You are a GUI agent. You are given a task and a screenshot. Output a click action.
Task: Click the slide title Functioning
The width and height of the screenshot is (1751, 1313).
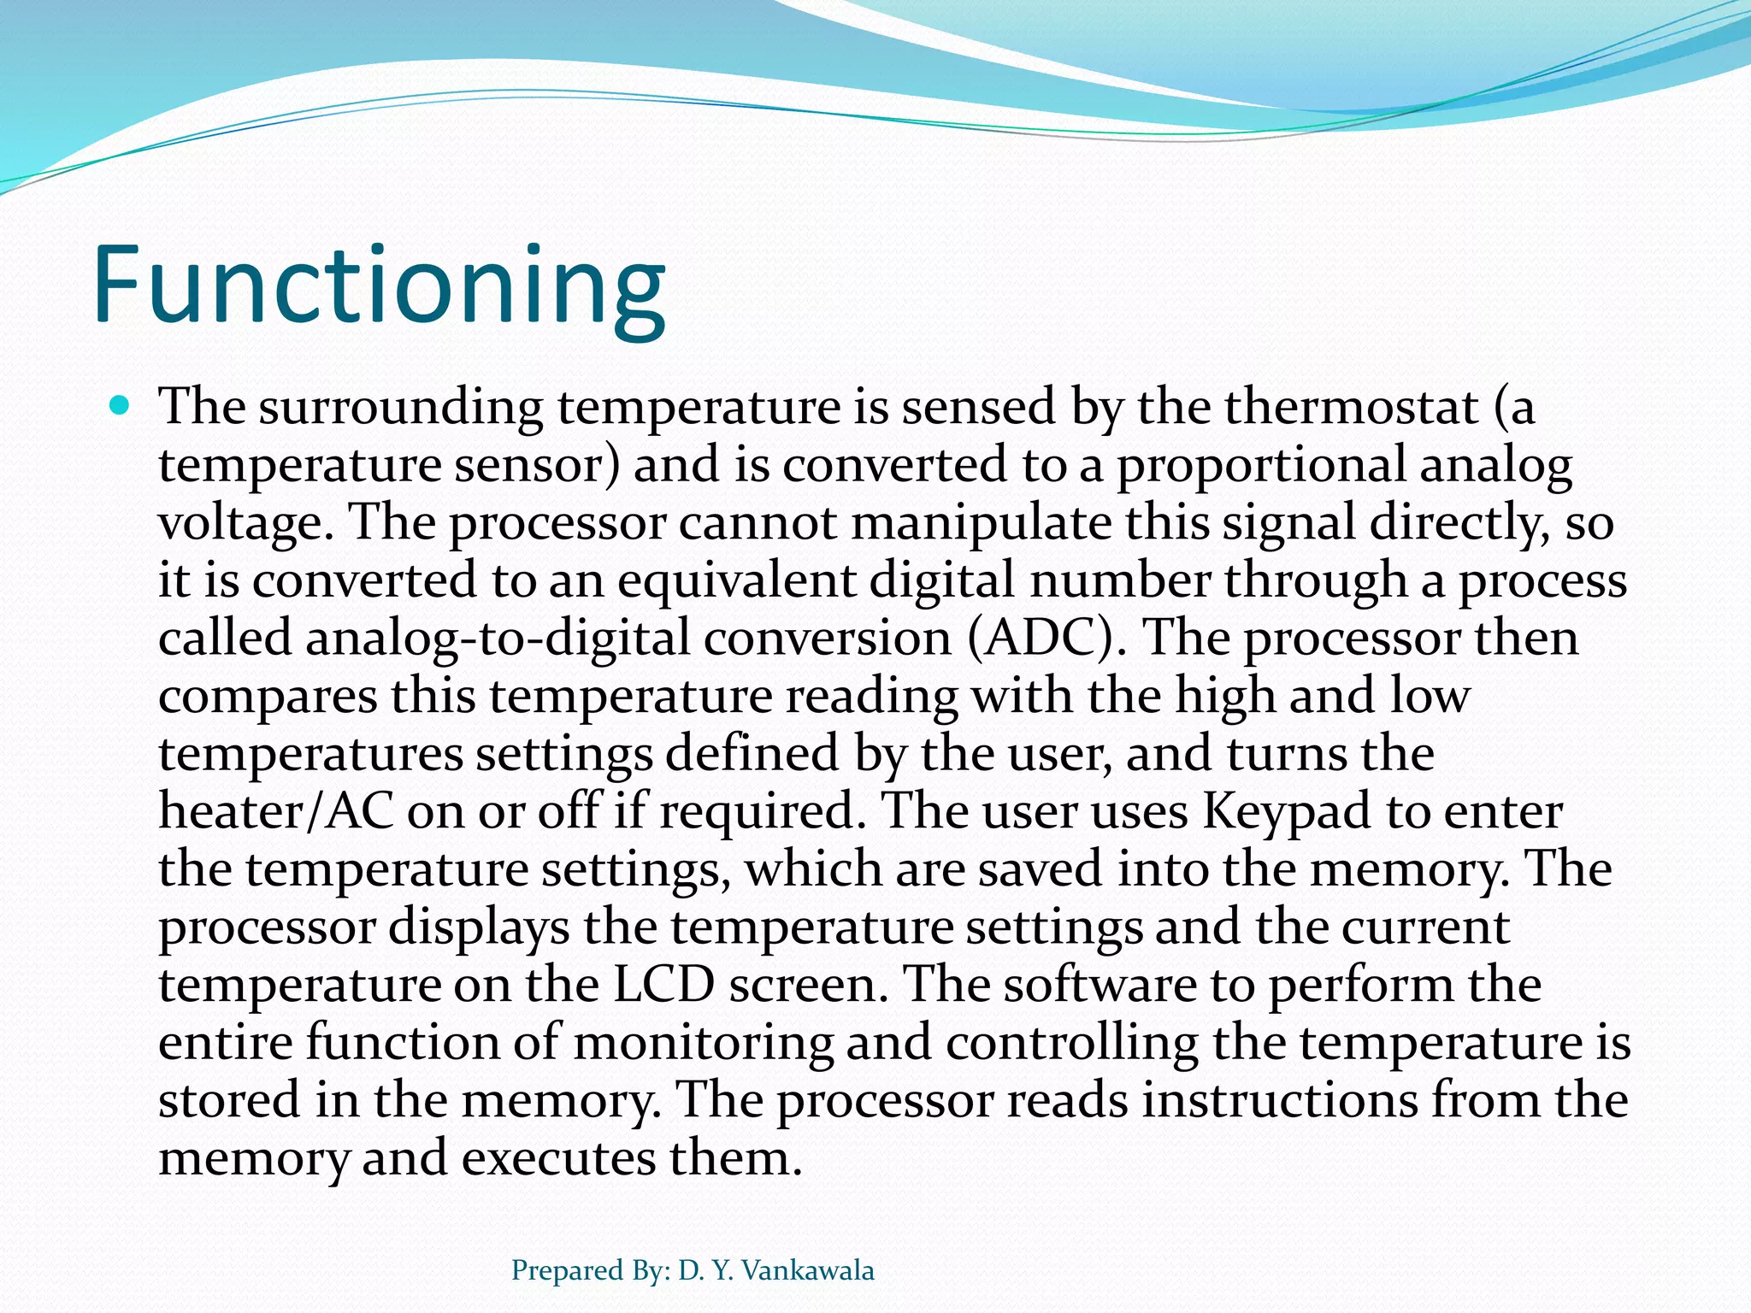[x=379, y=286]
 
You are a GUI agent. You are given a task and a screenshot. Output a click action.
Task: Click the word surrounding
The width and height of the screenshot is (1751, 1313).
[x=401, y=407]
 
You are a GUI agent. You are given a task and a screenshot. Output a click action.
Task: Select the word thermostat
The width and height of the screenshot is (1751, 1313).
[x=1352, y=407]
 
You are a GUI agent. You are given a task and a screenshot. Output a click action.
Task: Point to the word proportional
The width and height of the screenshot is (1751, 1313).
[x=1261, y=466]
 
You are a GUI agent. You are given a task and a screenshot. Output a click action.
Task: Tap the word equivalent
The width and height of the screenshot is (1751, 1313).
[x=736, y=580]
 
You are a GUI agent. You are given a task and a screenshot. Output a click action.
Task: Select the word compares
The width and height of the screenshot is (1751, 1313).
[x=268, y=697]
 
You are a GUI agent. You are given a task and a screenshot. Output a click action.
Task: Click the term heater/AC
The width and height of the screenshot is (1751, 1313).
[x=276, y=811]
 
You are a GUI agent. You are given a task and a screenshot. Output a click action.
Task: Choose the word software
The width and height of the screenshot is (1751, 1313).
[x=1100, y=985]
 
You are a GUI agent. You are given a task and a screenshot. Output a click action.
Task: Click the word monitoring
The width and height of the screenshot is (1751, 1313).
[x=703, y=1043]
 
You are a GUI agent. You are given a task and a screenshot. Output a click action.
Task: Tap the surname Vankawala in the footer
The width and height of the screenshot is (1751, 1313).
[x=808, y=1271]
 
